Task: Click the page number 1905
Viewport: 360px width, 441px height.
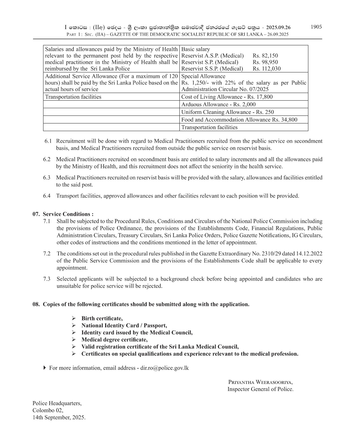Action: [x=316, y=27]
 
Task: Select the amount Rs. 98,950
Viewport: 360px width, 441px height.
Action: [x=265, y=62]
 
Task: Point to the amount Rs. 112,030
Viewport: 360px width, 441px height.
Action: [x=267, y=69]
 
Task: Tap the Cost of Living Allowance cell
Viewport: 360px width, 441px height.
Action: [x=227, y=97]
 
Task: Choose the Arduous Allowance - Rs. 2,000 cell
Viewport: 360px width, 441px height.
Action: [x=218, y=105]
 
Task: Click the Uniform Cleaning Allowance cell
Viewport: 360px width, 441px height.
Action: [x=227, y=112]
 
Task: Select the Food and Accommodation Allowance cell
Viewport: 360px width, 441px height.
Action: [x=239, y=120]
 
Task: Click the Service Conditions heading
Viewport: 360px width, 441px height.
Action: [x=68, y=214]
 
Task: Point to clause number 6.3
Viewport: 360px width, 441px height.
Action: [x=47, y=178]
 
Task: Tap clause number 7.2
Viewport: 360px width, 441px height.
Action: [x=47, y=254]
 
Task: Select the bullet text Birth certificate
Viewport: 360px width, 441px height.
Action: [x=102, y=318]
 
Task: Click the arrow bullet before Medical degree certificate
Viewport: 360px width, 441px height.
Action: [x=74, y=340]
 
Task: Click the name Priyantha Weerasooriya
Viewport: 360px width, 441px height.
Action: [x=260, y=382]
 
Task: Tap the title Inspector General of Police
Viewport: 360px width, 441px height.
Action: [x=260, y=389]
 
